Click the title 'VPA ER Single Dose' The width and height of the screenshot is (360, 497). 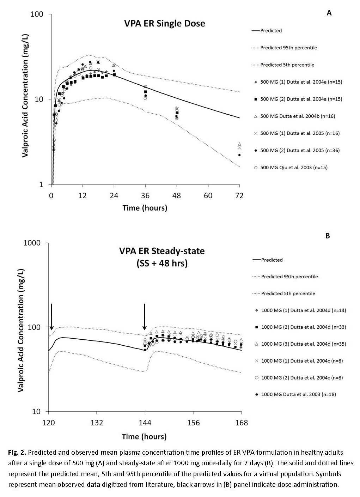coord(164,24)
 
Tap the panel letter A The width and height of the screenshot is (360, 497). coord(329,13)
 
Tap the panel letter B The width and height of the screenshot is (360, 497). coord(328,236)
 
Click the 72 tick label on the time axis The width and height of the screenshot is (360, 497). coord(239,195)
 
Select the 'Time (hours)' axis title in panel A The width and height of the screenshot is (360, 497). coord(145,208)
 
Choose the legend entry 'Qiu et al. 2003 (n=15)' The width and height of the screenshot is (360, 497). coord(294,168)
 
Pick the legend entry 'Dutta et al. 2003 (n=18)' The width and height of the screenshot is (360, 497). coord(298,394)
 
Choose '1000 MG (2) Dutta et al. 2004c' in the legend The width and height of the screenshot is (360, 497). coord(302,377)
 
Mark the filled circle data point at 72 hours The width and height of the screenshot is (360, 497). coord(239,155)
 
